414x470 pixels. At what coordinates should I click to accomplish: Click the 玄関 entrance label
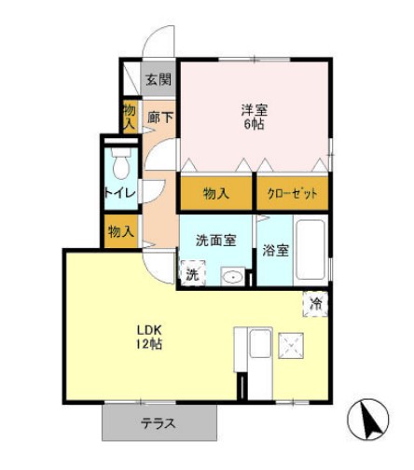tap(159, 79)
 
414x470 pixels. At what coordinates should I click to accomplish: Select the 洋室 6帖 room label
tap(253, 117)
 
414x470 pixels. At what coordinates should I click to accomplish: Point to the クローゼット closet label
tap(293, 193)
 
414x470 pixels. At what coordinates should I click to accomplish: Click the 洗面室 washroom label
tap(215, 240)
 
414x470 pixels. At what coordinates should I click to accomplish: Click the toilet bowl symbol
tap(120, 166)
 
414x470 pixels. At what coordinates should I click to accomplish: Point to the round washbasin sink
tap(232, 277)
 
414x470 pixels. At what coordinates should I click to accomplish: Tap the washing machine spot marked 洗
tap(191, 275)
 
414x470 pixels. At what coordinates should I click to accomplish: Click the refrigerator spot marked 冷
tap(316, 303)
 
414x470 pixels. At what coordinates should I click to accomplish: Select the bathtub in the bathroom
tap(309, 249)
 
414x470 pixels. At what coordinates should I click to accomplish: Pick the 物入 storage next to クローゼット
tap(216, 193)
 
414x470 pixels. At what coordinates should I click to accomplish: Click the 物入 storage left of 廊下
tap(130, 116)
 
